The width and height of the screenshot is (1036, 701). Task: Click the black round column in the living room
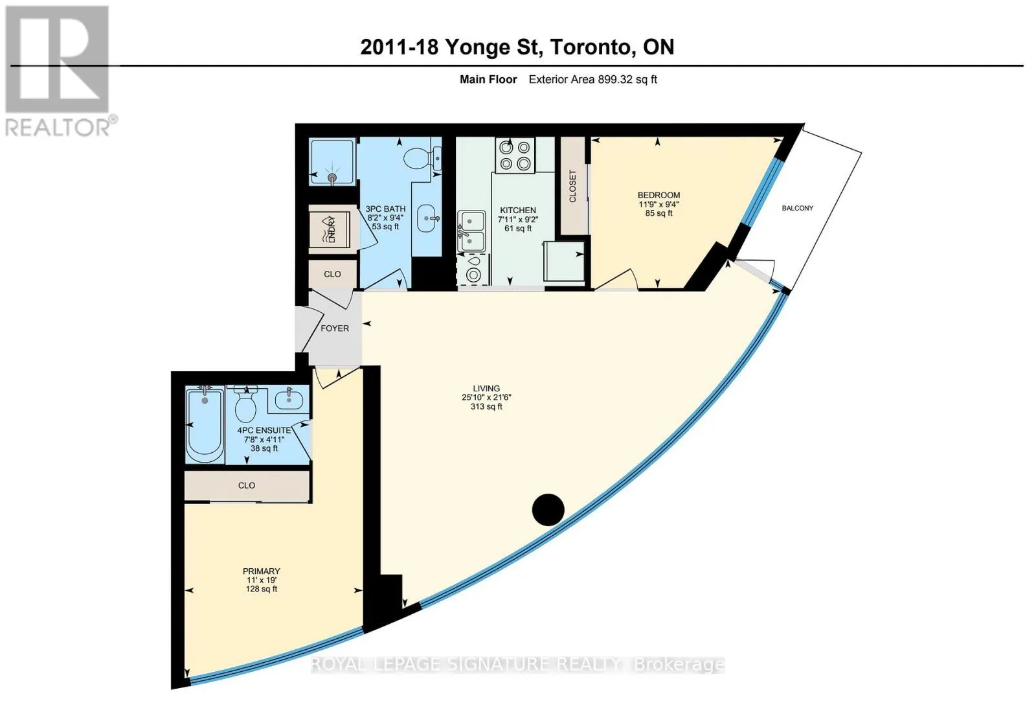pyautogui.click(x=548, y=510)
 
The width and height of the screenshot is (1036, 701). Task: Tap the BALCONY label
pyautogui.click(x=797, y=208)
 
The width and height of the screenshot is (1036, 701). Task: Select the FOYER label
pyautogui.click(x=335, y=328)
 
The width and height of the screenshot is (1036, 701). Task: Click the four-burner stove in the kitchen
pyautogui.click(x=515, y=155)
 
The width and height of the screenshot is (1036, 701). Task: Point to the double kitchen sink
pyautogui.click(x=471, y=231)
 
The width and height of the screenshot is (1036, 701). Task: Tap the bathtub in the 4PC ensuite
pyautogui.click(x=205, y=426)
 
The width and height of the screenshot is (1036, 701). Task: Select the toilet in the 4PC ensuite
pyautogui.click(x=246, y=404)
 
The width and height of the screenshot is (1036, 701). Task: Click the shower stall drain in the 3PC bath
pyautogui.click(x=332, y=178)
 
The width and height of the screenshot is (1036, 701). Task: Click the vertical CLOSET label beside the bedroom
pyautogui.click(x=572, y=186)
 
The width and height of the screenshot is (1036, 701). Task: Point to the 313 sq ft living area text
pyautogui.click(x=486, y=407)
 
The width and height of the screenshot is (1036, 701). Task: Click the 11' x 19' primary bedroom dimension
pyautogui.click(x=262, y=580)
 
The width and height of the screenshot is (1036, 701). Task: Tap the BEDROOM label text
pyautogui.click(x=659, y=195)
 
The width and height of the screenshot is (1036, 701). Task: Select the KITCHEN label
pyautogui.click(x=517, y=211)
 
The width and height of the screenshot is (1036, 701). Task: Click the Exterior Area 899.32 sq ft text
pyautogui.click(x=593, y=80)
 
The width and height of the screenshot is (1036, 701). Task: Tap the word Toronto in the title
pyautogui.click(x=589, y=47)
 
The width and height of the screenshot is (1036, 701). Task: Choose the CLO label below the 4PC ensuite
pyautogui.click(x=247, y=485)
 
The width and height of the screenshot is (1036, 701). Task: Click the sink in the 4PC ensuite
pyautogui.click(x=289, y=400)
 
